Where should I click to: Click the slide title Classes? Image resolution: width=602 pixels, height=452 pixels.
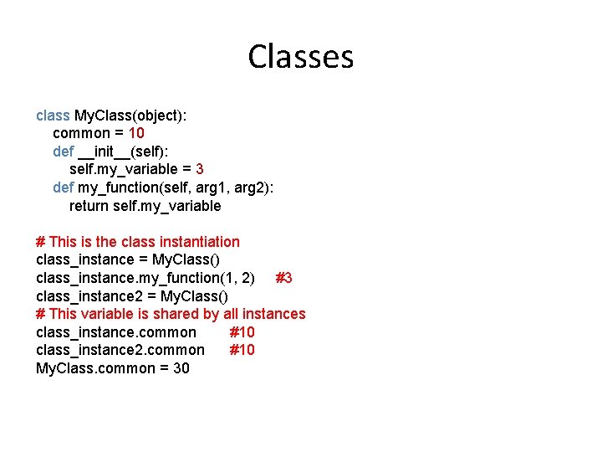pyautogui.click(x=301, y=57)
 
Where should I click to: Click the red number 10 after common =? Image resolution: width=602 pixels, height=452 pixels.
pyautogui.click(x=137, y=133)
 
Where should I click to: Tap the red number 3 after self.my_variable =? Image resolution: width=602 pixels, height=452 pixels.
pyautogui.click(x=199, y=169)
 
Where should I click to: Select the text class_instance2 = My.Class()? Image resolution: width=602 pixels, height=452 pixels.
pyautogui.click(x=132, y=296)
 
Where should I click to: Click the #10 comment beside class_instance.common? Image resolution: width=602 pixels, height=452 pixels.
pyautogui.click(x=242, y=332)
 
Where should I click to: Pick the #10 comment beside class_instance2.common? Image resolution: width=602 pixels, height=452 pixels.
pyautogui.click(x=242, y=350)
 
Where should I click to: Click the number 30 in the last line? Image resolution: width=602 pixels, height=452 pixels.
pyautogui.click(x=181, y=368)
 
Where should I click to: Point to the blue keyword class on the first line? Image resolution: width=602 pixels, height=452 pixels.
pyautogui.click(x=53, y=116)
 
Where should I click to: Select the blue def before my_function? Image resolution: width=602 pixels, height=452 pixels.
pyautogui.click(x=63, y=187)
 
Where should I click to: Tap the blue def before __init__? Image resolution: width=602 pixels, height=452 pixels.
pyautogui.click(x=63, y=152)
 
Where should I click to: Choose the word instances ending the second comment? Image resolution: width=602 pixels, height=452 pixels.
pyautogui.click(x=273, y=314)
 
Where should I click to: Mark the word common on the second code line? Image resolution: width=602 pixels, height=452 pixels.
pyautogui.click(x=81, y=133)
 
